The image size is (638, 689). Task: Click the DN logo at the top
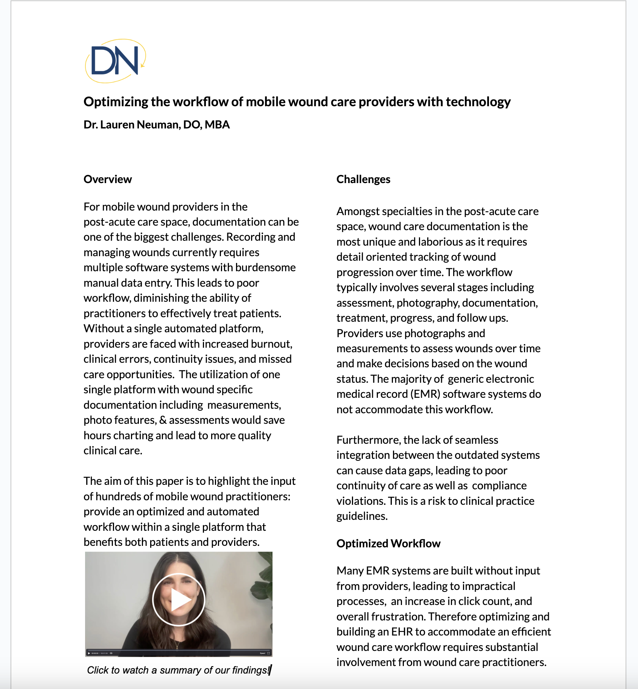click(x=115, y=61)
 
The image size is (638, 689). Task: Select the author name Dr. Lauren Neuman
click(x=131, y=125)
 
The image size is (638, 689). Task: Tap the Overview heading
click(x=108, y=179)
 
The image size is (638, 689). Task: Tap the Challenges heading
click(x=363, y=179)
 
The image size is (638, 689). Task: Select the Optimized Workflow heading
click(x=388, y=544)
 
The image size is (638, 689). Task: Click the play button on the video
click(x=179, y=600)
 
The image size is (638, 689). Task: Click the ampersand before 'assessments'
click(x=163, y=420)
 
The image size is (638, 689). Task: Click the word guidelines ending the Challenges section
click(x=361, y=516)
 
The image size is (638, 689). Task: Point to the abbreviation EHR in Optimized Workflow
click(x=402, y=632)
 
